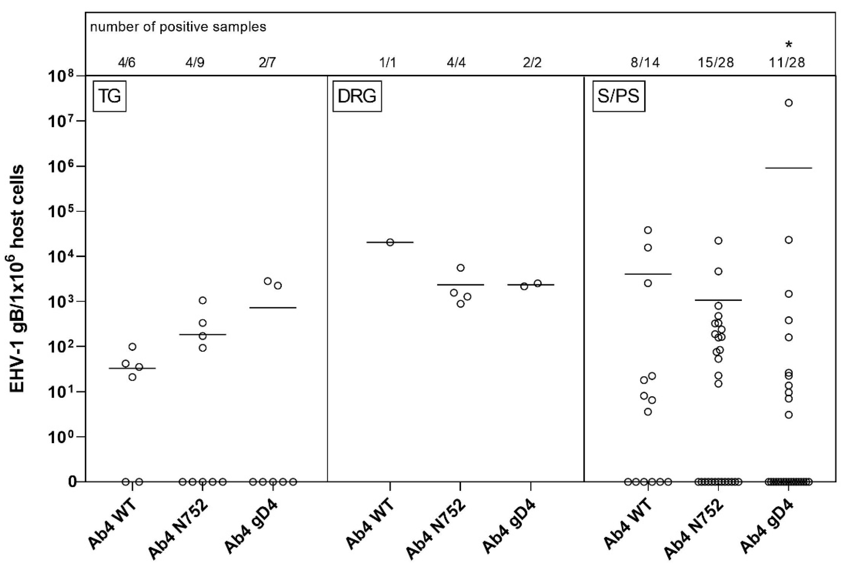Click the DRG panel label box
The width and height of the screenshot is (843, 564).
coord(357,96)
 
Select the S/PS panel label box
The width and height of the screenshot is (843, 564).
coord(618,96)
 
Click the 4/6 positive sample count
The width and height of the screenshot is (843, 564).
coord(127,63)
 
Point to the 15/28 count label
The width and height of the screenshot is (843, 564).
coord(715,63)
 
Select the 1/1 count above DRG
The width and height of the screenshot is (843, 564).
coord(388,63)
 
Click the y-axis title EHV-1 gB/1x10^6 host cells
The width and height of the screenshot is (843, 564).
coord(17,279)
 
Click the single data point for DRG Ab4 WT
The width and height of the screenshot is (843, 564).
coord(390,242)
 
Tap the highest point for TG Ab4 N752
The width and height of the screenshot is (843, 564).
coord(202,300)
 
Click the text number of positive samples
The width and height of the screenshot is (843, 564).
coord(178,27)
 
